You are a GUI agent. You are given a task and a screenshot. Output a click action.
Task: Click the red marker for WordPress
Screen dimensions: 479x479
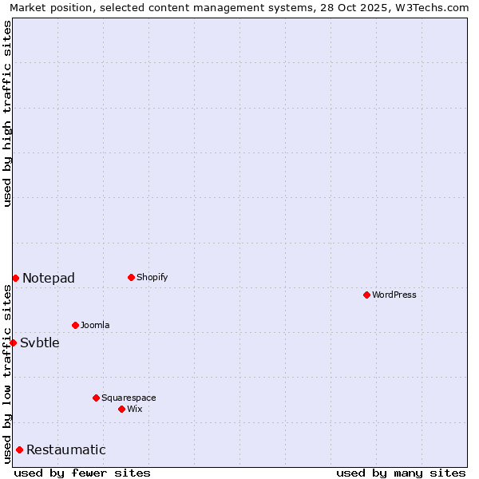pyautogui.click(x=366, y=295)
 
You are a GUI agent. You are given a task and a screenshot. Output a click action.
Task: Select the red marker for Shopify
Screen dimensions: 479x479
pyautogui.click(x=131, y=277)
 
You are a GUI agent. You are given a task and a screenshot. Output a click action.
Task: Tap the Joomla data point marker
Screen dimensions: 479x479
pyautogui.click(x=75, y=325)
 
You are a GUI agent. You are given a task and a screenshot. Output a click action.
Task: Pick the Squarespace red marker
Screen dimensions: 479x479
pyautogui.click(x=96, y=398)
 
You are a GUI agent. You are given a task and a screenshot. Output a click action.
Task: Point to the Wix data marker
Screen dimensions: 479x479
pyautogui.click(x=121, y=409)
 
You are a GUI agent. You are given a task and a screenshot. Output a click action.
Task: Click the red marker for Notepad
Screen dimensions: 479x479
pyautogui.click(x=15, y=278)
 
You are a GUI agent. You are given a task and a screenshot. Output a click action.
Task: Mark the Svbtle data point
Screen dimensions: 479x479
pyautogui.click(x=13, y=342)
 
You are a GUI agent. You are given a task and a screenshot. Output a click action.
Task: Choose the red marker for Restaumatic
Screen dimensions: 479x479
pyautogui.click(x=19, y=449)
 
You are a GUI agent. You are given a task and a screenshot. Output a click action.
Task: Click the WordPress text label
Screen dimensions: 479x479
pyautogui.click(x=394, y=295)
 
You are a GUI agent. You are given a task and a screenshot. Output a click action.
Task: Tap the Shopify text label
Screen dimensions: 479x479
pyautogui.click(x=152, y=277)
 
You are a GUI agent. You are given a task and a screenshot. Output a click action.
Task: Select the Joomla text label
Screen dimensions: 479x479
pyautogui.click(x=95, y=325)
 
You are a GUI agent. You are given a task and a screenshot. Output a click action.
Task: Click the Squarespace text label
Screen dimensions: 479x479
pyautogui.click(x=129, y=398)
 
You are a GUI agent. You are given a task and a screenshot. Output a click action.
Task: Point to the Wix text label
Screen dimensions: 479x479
pyautogui.click(x=135, y=409)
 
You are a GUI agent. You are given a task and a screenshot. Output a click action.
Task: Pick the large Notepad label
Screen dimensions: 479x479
pyautogui.click(x=49, y=278)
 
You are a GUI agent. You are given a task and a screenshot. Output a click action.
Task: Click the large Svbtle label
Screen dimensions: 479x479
pyautogui.click(x=40, y=342)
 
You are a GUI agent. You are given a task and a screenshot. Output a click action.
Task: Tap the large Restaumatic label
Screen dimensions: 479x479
pyautogui.click(x=66, y=449)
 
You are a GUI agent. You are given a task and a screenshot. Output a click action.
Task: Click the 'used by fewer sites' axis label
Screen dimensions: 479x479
pyautogui.click(x=82, y=473)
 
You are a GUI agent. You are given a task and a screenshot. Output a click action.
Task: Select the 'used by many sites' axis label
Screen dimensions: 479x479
pyautogui.click(x=401, y=473)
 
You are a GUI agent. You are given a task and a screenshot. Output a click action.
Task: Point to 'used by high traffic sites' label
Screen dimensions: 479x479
pyautogui.click(x=8, y=113)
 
